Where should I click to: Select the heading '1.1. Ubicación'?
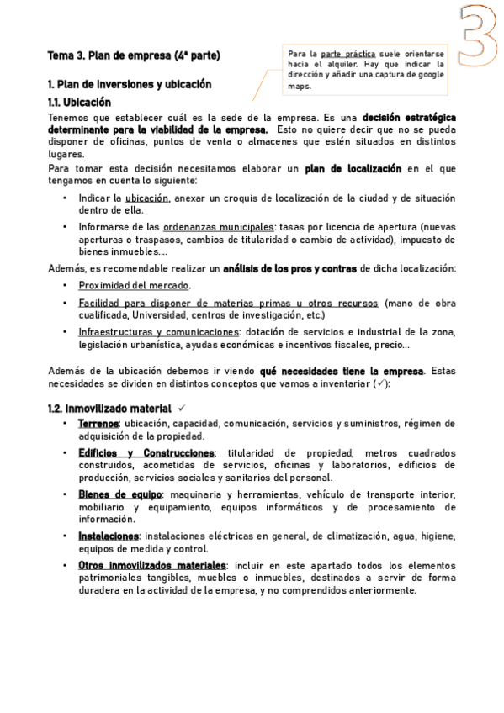pyautogui.click(x=80, y=102)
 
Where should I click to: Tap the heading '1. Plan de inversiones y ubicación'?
pyautogui.click(x=130, y=85)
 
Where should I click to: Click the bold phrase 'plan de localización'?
pyautogui.click(x=353, y=168)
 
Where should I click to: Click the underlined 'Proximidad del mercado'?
pyautogui.click(x=134, y=285)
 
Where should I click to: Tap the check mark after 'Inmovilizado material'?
pyautogui.click(x=181, y=408)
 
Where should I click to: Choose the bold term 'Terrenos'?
pyautogui.click(x=98, y=424)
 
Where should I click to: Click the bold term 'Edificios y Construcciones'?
pyautogui.click(x=146, y=452)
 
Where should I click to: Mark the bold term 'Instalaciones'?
pyautogui.click(x=108, y=536)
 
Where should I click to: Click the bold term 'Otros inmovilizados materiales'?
pyautogui.click(x=151, y=565)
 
